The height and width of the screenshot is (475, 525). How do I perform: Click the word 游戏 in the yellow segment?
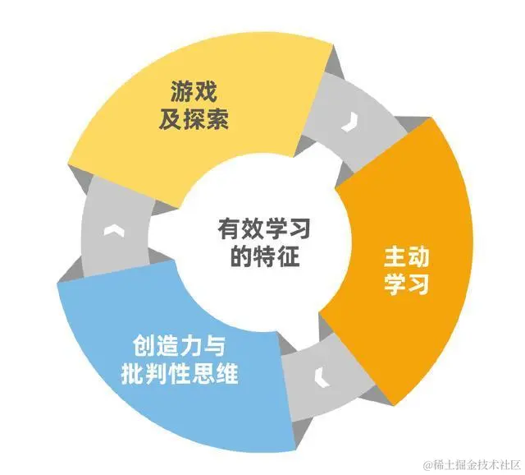click(x=194, y=89)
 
